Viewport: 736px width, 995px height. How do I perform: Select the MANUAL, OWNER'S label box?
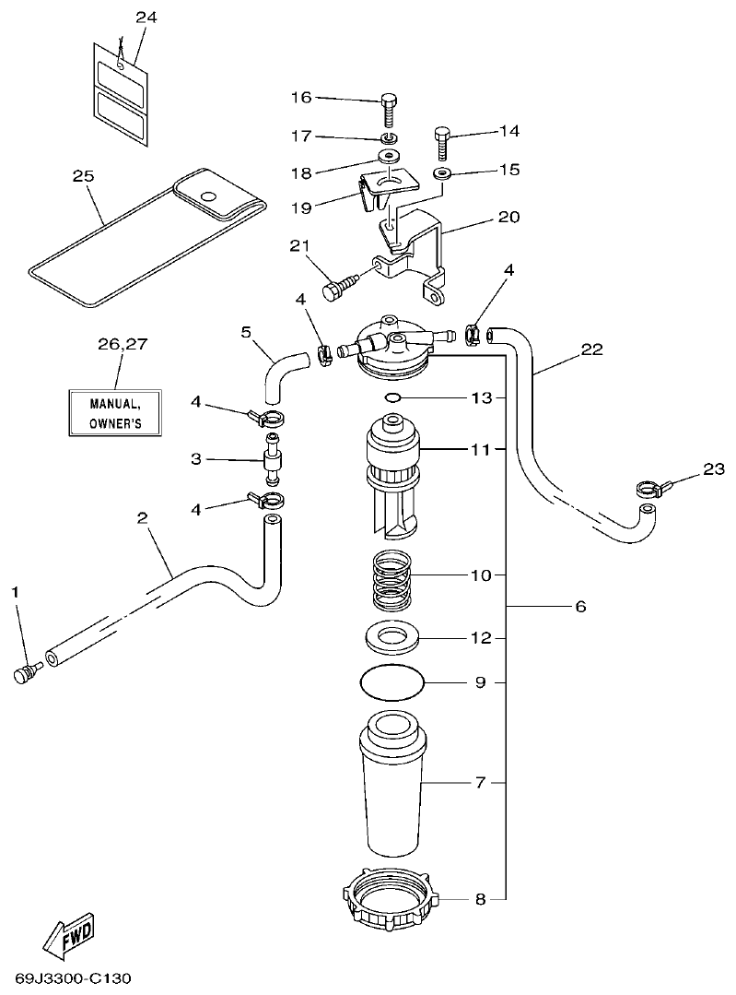(x=115, y=413)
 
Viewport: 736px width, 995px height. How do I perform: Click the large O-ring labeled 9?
(x=391, y=683)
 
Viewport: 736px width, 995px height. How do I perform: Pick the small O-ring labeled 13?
(x=391, y=397)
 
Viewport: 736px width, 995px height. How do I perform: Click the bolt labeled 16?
(x=388, y=110)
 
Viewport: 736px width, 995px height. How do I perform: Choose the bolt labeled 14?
(x=441, y=145)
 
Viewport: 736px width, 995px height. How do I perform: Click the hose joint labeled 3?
(x=272, y=458)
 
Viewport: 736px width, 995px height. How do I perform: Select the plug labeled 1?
(x=24, y=674)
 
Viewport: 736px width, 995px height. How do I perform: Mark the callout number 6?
(x=579, y=607)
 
